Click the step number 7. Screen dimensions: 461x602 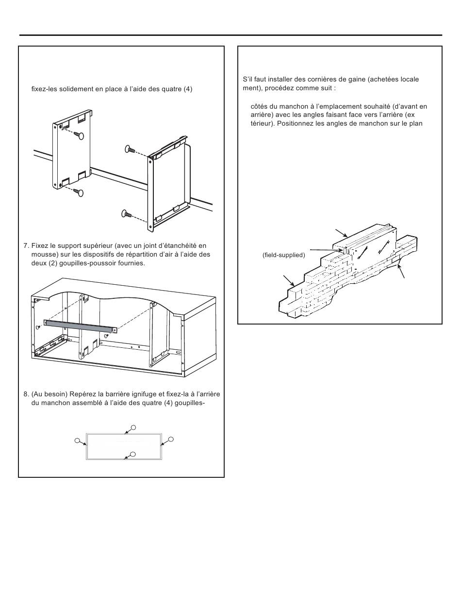click(26, 246)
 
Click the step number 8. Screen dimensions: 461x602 click(26, 394)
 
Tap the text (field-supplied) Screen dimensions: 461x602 click(284, 255)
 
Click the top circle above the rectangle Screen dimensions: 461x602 click(133, 427)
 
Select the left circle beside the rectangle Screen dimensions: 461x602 click(78, 440)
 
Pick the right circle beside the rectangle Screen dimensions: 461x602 click(171, 439)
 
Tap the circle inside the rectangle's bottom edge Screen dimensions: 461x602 click(133, 454)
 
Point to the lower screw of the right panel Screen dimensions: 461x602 click(127, 213)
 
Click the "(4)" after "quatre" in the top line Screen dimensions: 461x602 click(188, 89)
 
